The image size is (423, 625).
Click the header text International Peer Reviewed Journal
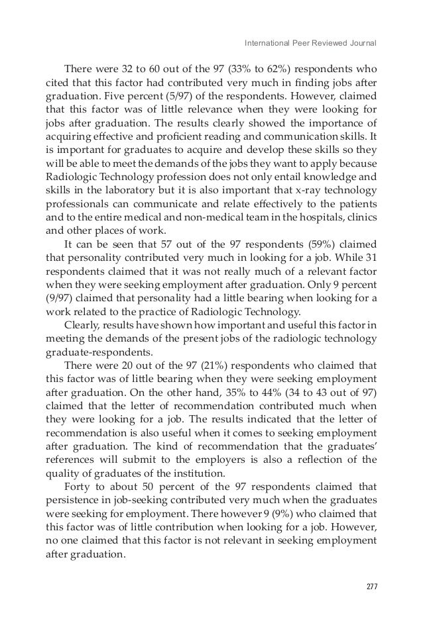click(310, 44)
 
